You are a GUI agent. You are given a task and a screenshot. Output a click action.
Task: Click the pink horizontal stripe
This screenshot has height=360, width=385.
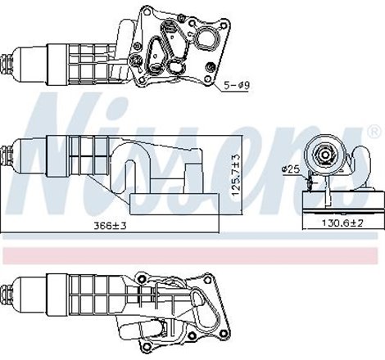pyautogui.click(x=192, y=255)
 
